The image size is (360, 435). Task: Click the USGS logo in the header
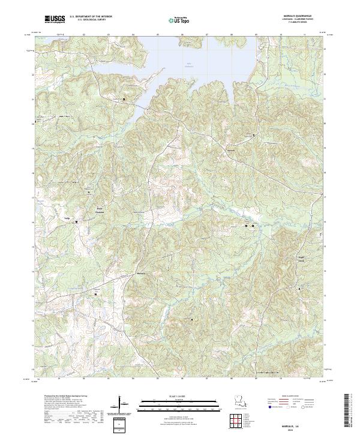tap(56, 19)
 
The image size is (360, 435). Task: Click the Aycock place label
tap(230, 143)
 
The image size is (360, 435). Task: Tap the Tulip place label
tap(68, 218)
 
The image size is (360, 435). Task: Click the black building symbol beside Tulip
tap(77, 222)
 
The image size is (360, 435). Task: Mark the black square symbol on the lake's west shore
tap(124, 99)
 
